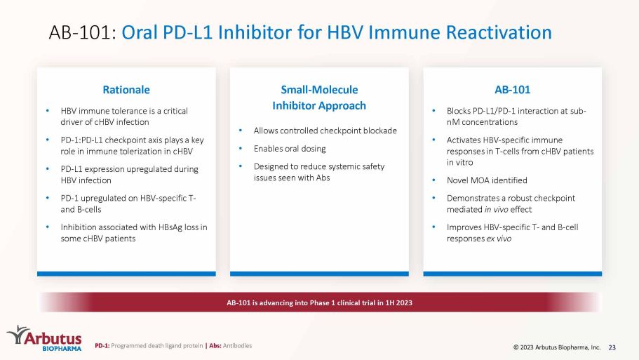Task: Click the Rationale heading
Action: [x=126, y=90]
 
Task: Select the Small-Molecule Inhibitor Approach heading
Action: [x=319, y=98]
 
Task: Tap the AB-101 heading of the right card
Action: [x=512, y=90]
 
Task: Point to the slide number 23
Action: [x=612, y=347]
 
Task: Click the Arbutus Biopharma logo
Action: [x=44, y=338]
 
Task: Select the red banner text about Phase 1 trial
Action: [x=319, y=302]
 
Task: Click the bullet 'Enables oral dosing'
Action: [x=290, y=149]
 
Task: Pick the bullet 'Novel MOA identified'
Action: [x=487, y=180]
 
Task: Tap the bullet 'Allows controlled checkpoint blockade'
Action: [x=325, y=131]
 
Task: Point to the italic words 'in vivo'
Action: [x=496, y=210]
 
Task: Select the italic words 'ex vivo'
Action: [x=499, y=239]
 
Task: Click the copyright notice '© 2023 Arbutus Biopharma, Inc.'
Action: [x=557, y=347]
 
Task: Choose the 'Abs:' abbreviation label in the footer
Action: [x=215, y=346]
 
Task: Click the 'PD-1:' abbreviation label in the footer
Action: [x=102, y=346]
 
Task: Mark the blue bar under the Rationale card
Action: [x=126, y=274]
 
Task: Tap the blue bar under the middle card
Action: [x=319, y=274]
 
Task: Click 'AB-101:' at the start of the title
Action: [x=83, y=32]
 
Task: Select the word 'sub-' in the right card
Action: [x=578, y=111]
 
